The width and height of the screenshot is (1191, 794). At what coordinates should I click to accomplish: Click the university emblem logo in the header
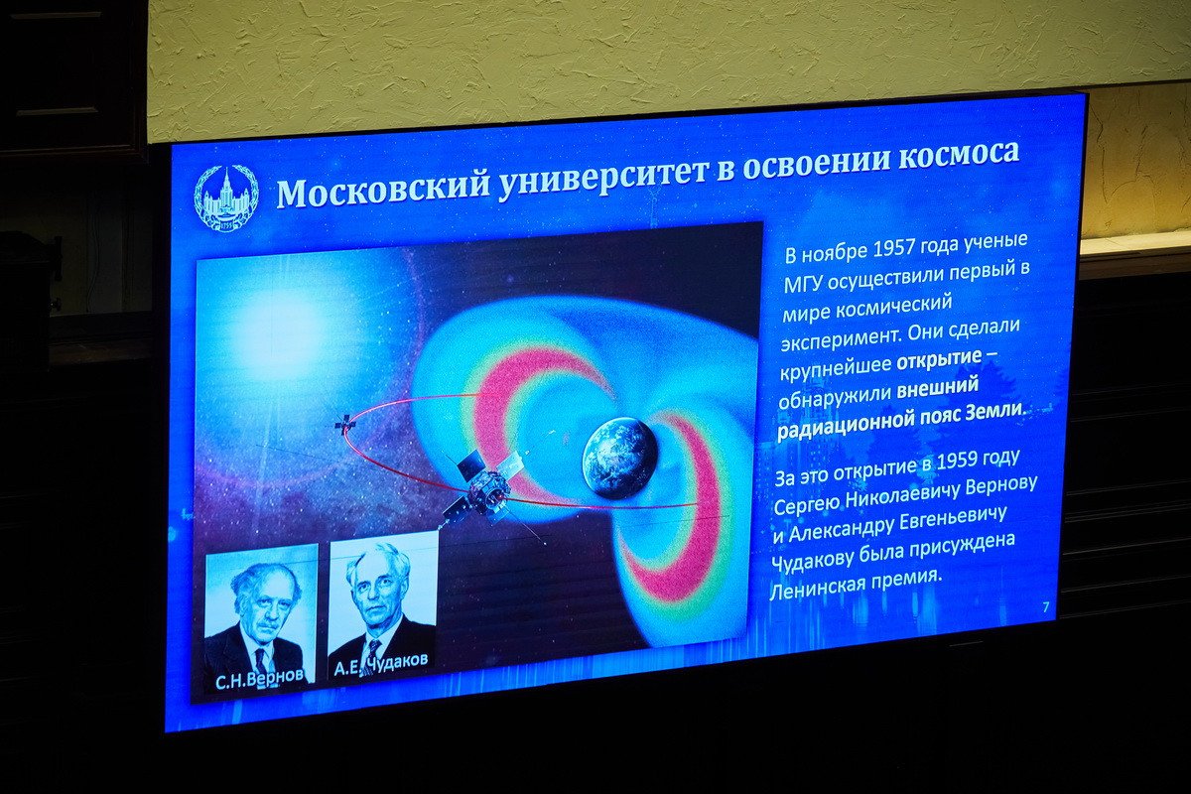click(225, 198)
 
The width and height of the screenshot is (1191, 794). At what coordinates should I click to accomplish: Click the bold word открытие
click(939, 360)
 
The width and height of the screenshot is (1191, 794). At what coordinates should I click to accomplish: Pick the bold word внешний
click(939, 390)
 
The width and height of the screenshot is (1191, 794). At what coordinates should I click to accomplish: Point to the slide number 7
click(1045, 607)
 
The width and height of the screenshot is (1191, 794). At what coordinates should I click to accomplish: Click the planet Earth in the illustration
click(619, 458)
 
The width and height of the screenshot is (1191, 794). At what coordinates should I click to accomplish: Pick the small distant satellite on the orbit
click(344, 424)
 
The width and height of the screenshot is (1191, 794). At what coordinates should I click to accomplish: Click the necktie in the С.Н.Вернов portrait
click(260, 660)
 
